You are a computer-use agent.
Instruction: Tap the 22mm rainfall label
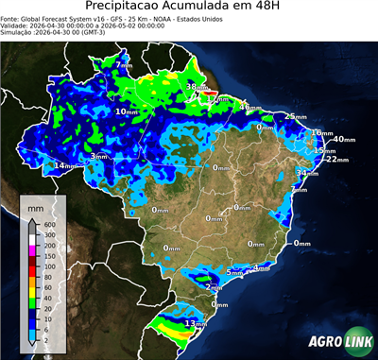pos(335,160)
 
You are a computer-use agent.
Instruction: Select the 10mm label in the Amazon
pos(127,111)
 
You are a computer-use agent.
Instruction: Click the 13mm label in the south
pos(196,323)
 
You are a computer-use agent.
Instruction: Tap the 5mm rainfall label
pos(234,272)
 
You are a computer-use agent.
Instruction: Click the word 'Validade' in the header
pos(17,26)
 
